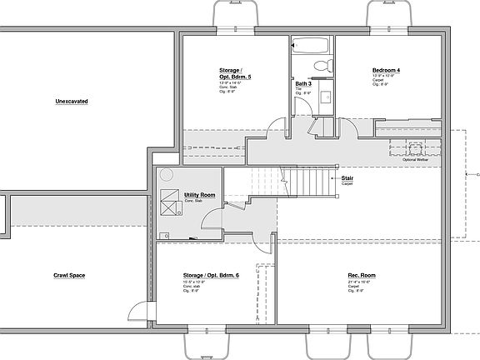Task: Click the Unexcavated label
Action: pyautogui.click(x=72, y=101)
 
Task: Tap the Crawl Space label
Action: pyautogui.click(x=71, y=275)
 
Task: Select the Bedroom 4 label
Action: pyautogui.click(x=386, y=71)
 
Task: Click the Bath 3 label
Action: pyautogui.click(x=303, y=83)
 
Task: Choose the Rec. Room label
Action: pyautogui.click(x=362, y=274)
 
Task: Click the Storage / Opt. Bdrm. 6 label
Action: pyautogui.click(x=211, y=274)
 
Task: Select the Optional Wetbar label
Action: pyautogui.click(x=415, y=159)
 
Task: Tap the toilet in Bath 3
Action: pyautogui.click(x=322, y=66)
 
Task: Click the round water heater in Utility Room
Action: pyautogui.click(x=167, y=175)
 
